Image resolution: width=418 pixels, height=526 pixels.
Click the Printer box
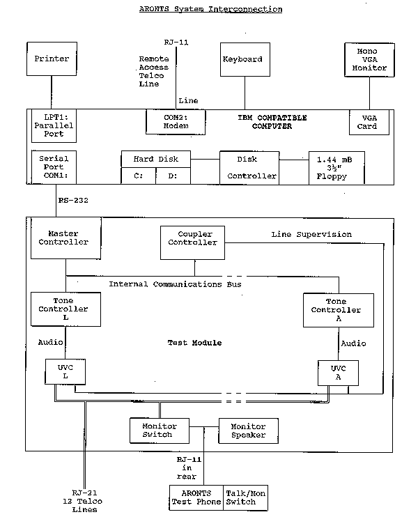point(52,59)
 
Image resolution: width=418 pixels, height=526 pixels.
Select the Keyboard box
point(242,59)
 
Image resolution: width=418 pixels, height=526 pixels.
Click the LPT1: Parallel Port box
point(53,126)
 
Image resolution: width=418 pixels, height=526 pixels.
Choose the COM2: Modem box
point(176,122)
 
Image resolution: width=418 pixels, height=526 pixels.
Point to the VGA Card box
point(366,123)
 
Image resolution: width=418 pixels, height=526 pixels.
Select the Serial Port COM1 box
point(53,167)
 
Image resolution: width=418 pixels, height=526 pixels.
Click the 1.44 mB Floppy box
point(336,168)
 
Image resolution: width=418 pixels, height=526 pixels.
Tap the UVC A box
point(338,373)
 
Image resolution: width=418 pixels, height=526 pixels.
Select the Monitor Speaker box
point(248,430)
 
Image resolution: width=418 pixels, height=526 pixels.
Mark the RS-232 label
point(72,201)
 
